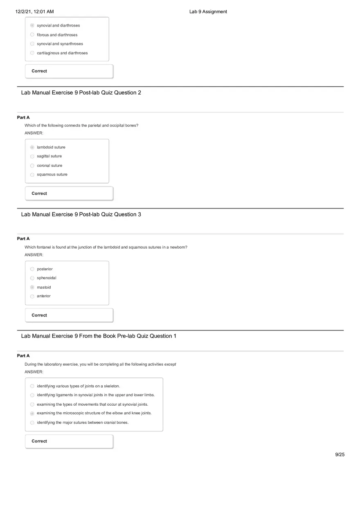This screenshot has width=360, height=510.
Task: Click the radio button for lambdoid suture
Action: coord(32,147)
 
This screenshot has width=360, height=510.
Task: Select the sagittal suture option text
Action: coord(49,156)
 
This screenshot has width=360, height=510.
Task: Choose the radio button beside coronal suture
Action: coord(32,166)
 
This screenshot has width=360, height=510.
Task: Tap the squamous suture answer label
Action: coord(52,175)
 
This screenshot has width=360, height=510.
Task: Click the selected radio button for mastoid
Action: coord(32,288)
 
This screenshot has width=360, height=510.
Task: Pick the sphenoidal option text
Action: coord(46,278)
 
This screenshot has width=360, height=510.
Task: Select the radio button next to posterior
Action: coord(32,269)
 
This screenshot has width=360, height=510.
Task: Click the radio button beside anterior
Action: coord(32,296)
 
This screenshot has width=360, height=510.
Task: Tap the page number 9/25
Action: coord(340,454)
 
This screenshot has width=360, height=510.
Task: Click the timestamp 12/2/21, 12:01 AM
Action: coord(34,12)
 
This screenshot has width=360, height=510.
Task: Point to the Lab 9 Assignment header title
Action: coord(208,12)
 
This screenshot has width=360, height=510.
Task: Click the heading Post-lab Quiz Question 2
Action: coord(81,93)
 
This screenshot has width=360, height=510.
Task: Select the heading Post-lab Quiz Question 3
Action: coord(81,215)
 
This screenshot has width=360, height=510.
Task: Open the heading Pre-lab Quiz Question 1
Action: coord(99,336)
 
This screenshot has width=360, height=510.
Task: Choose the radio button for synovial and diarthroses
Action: coord(32,25)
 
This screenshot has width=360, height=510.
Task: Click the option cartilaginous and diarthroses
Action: coord(62,53)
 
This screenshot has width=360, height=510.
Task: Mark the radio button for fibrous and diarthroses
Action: coord(32,35)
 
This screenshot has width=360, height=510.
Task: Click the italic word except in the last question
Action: coord(170,364)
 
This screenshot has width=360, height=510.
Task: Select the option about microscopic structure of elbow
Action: coord(94,413)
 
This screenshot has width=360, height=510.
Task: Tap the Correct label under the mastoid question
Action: coord(39,315)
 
